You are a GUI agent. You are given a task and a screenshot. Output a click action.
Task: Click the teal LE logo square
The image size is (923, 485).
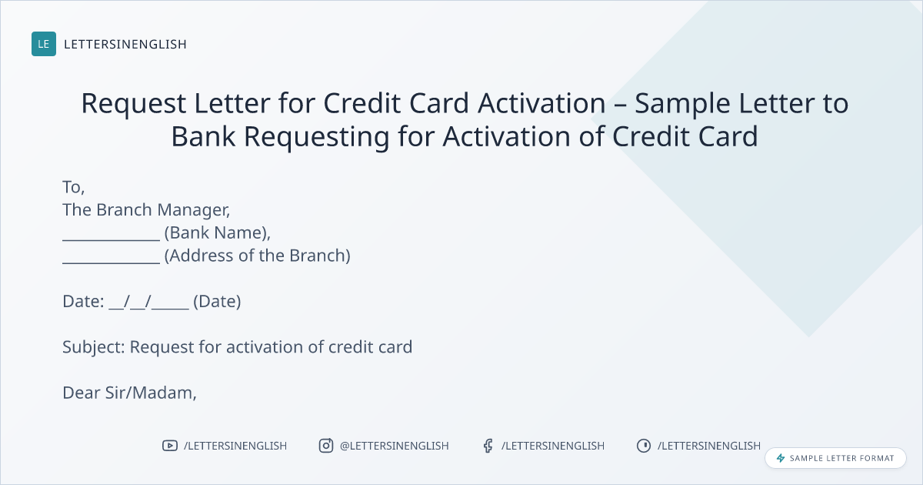pyautogui.click(x=44, y=44)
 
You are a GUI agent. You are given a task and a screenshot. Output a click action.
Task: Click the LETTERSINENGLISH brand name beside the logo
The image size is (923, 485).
pyautogui.click(x=125, y=44)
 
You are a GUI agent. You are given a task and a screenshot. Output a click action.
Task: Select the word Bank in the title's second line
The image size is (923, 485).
pyautogui.click(x=203, y=136)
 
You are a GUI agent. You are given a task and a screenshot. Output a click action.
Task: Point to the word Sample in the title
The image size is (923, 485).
pyautogui.click(x=682, y=104)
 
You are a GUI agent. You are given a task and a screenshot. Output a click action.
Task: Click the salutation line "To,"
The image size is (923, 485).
pyautogui.click(x=73, y=187)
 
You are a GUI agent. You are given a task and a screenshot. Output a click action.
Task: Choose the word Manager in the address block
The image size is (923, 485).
pyautogui.click(x=194, y=210)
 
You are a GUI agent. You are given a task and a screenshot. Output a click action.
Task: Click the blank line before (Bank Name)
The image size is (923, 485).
pyautogui.click(x=112, y=239)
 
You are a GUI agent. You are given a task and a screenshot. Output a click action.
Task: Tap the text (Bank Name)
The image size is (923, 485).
pyautogui.click(x=217, y=233)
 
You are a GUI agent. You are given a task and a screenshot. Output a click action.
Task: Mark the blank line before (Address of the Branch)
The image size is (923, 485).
pyautogui.click(x=112, y=263)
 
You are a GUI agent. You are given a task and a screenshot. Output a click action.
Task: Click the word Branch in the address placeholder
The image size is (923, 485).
pyautogui.click(x=320, y=256)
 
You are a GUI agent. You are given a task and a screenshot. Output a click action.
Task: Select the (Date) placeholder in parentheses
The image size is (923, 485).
pyautogui.click(x=217, y=302)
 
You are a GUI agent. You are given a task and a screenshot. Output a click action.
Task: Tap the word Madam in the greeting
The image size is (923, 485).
pyautogui.click(x=165, y=393)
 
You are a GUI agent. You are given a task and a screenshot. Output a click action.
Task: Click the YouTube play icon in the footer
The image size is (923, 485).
pyautogui.click(x=170, y=446)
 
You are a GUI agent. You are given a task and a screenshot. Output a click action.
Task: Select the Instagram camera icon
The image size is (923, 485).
pyautogui.click(x=326, y=446)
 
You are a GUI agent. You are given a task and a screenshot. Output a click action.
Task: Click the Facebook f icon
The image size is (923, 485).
pyautogui.click(x=488, y=446)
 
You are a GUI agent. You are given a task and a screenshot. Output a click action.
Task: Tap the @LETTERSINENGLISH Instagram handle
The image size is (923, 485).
pyautogui.click(x=394, y=446)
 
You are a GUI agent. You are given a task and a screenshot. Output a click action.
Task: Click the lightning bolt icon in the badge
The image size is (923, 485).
pyautogui.click(x=781, y=458)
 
